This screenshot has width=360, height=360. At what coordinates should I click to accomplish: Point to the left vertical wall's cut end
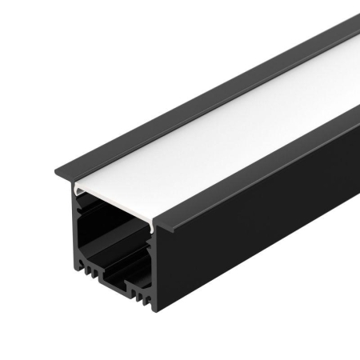[x=75, y=232]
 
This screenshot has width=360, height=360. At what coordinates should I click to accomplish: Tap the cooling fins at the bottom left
[x=87, y=277]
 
